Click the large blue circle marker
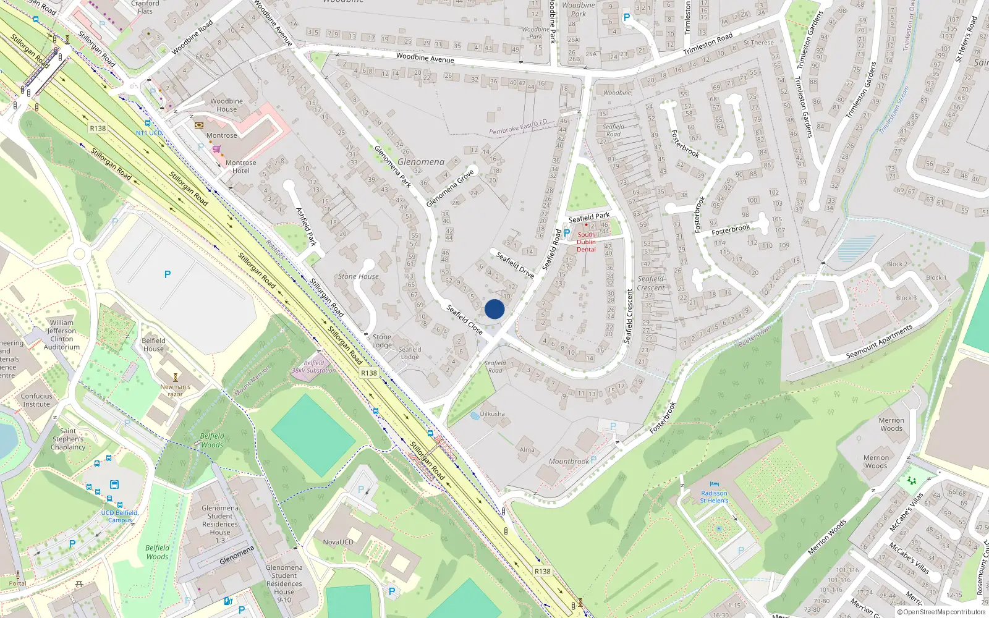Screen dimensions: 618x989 click(x=494, y=309)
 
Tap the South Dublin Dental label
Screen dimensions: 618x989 click(x=586, y=242)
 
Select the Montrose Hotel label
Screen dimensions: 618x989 click(x=240, y=167)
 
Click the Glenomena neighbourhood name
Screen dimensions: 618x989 click(x=421, y=162)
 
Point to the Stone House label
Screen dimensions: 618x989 click(x=359, y=276)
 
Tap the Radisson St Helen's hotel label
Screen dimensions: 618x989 click(x=714, y=497)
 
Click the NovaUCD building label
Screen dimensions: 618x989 click(x=338, y=542)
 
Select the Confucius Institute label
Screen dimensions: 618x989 click(x=36, y=400)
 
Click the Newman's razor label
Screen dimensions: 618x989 click(x=175, y=390)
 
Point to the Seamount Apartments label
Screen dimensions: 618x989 click(x=879, y=342)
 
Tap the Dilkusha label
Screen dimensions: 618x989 click(x=492, y=414)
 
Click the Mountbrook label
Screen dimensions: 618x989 click(x=569, y=462)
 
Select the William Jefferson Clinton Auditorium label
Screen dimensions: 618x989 click(x=62, y=334)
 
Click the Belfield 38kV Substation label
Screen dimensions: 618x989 click(x=314, y=367)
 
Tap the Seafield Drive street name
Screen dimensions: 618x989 click(x=515, y=265)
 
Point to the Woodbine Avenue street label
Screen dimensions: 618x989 click(x=425, y=58)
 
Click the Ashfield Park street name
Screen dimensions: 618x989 click(x=307, y=226)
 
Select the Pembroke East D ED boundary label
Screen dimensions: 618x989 click(x=518, y=127)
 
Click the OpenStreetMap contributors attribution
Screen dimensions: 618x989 click(x=941, y=612)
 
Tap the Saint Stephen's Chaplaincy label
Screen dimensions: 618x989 click(x=68, y=439)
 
